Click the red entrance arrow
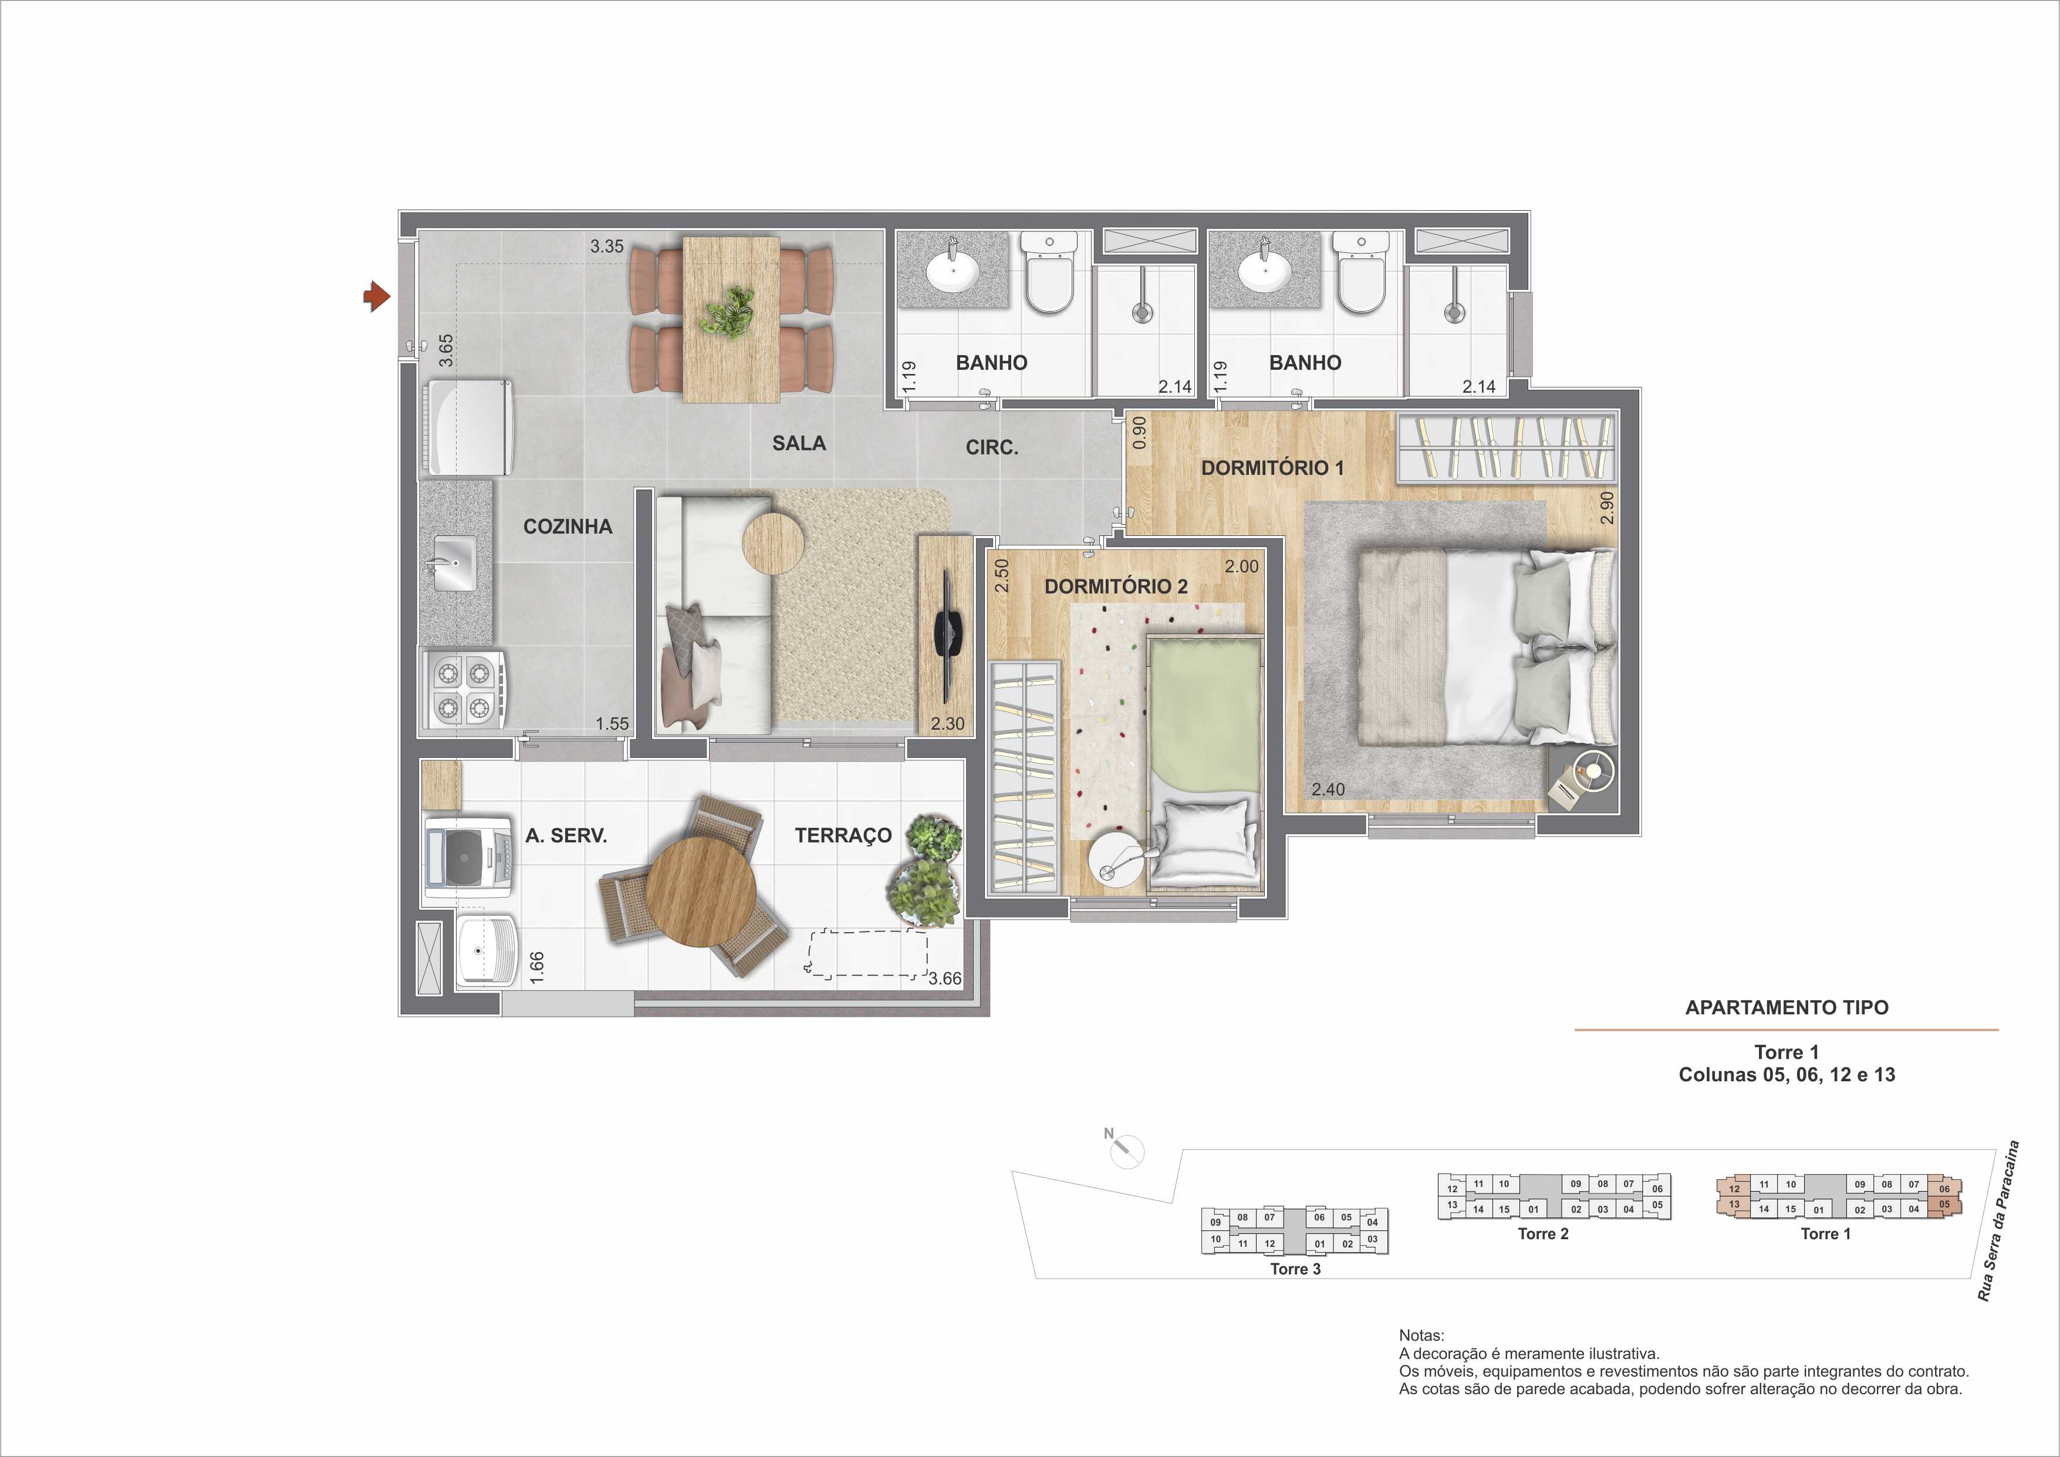coord(377,295)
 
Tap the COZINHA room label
coord(568,527)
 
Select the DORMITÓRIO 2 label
coord(1116,587)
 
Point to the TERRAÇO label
coord(843,835)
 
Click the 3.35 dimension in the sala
coord(606,246)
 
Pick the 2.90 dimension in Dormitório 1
coord(1607,507)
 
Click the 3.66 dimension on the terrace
coord(945,979)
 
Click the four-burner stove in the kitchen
coord(463,689)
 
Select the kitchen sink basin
coord(455,564)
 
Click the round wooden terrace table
coord(701,891)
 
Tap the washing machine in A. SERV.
coord(470,857)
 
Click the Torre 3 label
coord(1295,1269)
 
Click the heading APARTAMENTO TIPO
coord(1787,1007)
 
